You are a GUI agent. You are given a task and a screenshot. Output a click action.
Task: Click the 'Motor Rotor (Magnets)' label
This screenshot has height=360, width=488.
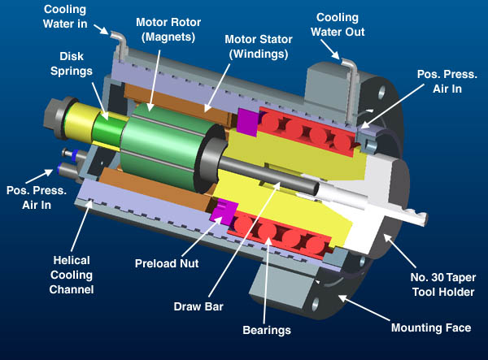click(168, 29)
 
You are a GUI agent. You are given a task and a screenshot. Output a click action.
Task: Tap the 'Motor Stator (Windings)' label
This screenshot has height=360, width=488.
click(259, 46)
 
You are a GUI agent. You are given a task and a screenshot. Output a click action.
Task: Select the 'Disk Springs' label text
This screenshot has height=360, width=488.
click(72, 63)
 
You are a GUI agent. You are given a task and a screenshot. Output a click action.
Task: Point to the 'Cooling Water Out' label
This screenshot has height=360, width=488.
click(338, 24)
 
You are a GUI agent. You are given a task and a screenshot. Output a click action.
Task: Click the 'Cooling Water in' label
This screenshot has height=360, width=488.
click(65, 16)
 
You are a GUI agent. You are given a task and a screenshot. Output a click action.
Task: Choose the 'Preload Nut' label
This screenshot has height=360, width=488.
click(167, 263)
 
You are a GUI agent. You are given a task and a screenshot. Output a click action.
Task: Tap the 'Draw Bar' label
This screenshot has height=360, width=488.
click(198, 306)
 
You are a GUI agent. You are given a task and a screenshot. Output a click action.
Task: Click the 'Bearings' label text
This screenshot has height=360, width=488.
click(267, 330)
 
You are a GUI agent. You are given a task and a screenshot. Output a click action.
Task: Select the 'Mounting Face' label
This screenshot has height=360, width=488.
click(431, 327)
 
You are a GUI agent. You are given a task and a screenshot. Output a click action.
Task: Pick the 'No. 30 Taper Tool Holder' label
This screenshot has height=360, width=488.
click(443, 284)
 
